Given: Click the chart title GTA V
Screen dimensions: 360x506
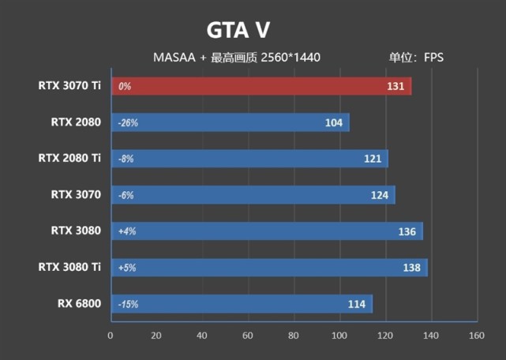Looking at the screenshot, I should tap(238, 30).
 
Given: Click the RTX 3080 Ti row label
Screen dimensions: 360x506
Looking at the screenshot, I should tap(69, 268).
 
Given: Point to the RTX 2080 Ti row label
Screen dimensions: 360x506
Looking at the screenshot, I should tap(69, 159).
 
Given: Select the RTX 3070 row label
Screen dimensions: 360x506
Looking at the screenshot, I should tap(76, 195).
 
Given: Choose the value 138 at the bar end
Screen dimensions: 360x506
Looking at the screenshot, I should tap(412, 268).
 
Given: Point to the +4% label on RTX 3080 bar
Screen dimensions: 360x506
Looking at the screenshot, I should tap(126, 232).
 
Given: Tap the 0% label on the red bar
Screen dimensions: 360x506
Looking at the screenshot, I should tap(124, 87).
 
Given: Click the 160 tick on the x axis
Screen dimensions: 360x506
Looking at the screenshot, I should tap(476, 336).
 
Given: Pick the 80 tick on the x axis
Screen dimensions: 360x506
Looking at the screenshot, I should tap(294, 336).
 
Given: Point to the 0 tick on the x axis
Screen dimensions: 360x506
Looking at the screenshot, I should tap(111, 336).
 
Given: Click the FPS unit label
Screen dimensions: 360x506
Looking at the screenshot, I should tap(434, 58).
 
